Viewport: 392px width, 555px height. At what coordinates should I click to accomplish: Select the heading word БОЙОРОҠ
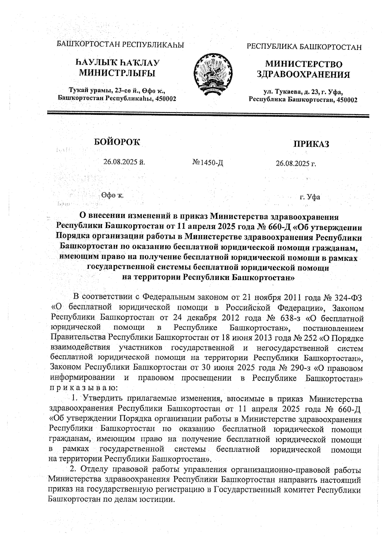tap(117, 142)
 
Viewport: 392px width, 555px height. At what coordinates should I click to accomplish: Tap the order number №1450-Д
tap(208, 163)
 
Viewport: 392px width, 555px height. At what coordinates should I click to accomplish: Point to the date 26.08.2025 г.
tap(296, 163)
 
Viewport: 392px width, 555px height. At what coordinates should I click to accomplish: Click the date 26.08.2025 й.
tap(124, 162)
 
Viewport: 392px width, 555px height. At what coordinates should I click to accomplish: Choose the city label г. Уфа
tap(310, 197)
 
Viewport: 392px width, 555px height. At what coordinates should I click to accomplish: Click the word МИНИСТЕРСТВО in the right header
tap(304, 64)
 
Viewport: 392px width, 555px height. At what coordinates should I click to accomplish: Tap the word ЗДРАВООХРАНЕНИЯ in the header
tap(303, 75)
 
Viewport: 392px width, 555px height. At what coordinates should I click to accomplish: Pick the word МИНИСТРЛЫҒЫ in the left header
tap(118, 73)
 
